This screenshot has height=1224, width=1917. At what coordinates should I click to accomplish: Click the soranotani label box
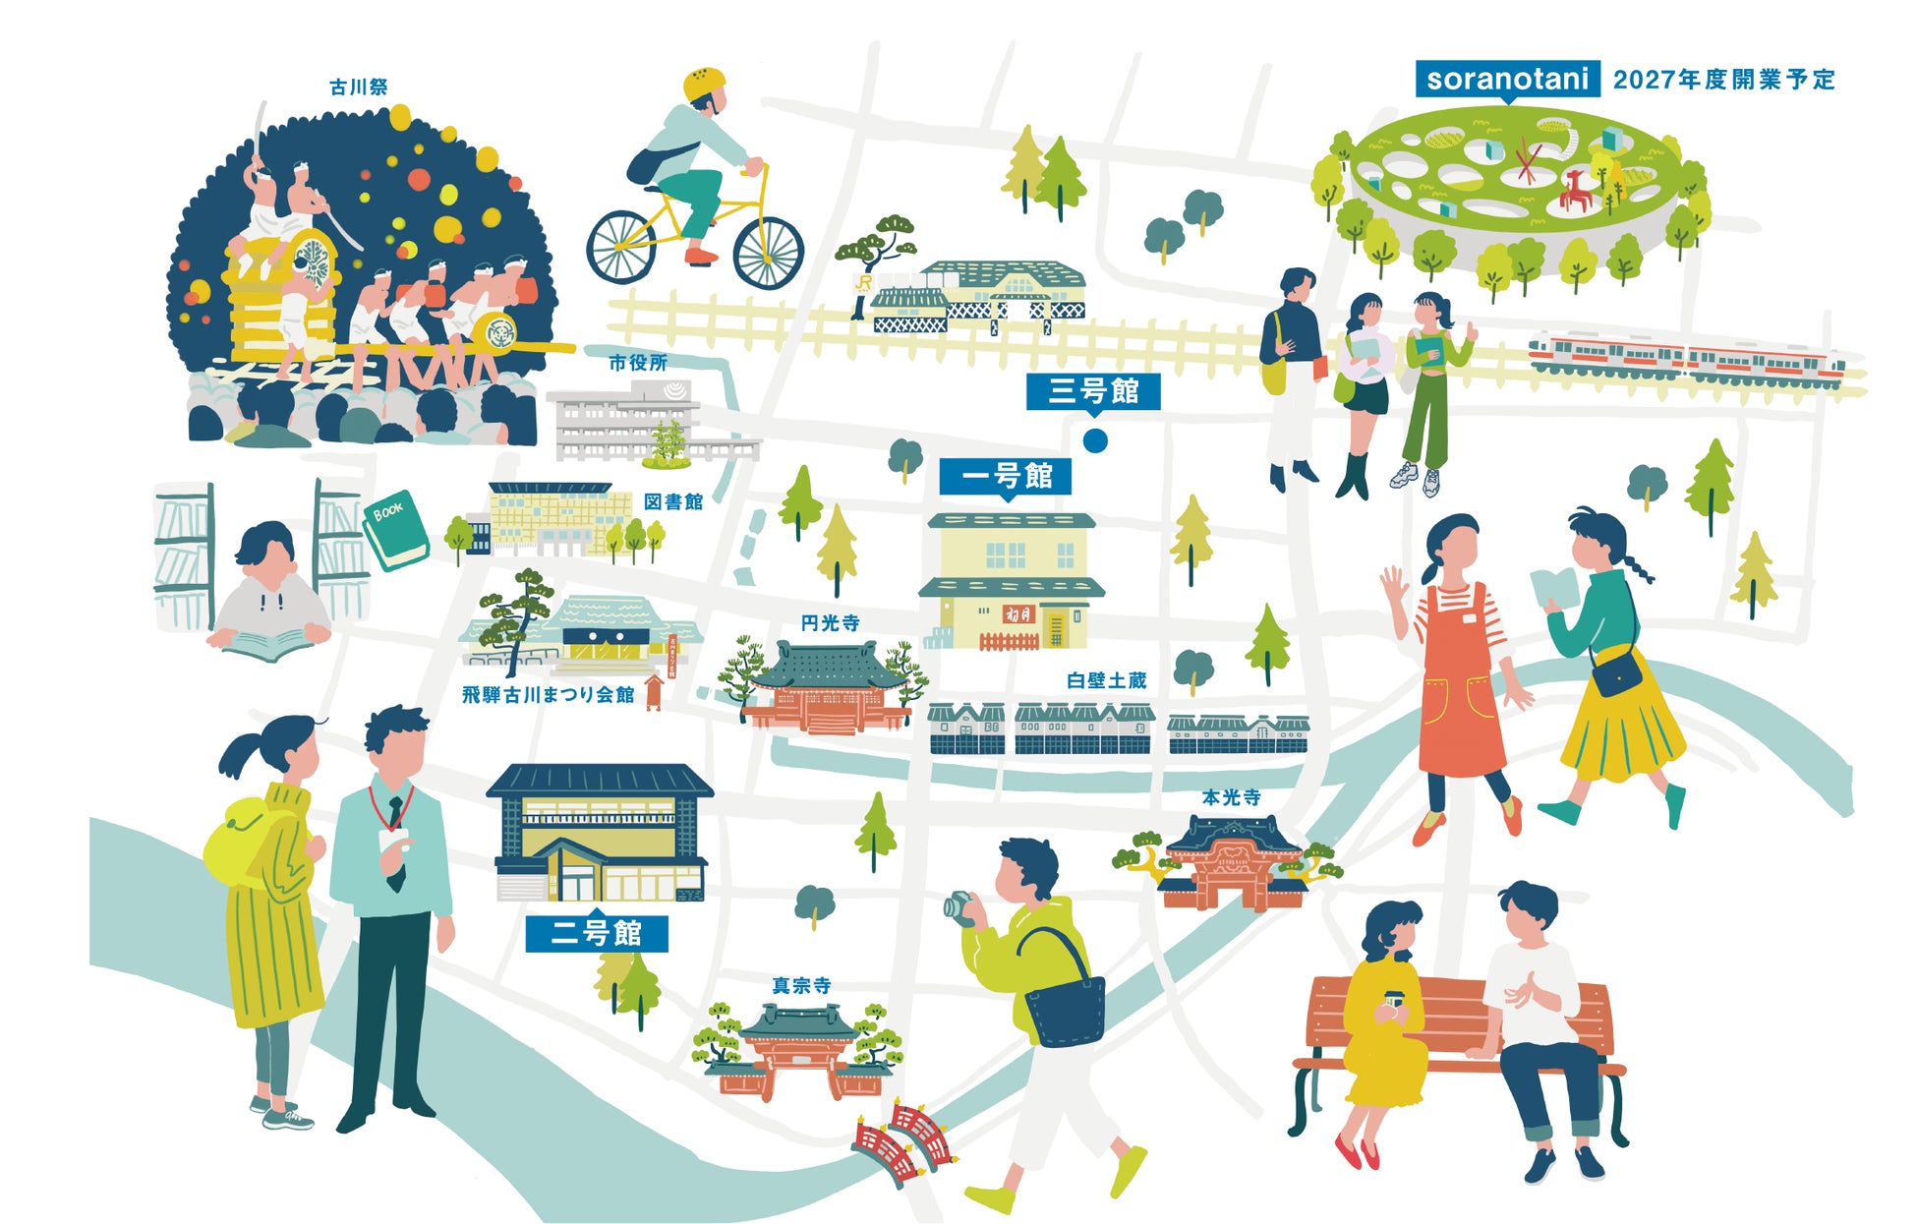1506,79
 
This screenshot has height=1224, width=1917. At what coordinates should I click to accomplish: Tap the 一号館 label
1005,477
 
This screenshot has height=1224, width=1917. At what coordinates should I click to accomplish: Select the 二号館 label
596,933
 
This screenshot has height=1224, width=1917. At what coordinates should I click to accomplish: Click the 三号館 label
1092,391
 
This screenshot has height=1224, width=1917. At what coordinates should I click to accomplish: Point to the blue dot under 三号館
1095,440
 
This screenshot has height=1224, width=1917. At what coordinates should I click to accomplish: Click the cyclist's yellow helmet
704,84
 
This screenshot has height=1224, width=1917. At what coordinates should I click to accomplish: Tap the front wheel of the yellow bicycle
768,251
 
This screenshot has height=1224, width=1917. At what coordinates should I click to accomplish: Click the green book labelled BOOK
395,529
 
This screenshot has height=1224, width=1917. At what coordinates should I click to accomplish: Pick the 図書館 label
673,502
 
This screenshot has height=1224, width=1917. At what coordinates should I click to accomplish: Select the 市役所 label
638,363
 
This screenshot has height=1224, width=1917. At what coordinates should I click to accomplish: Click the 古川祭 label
359,87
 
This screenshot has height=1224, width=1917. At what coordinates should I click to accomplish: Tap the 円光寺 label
830,622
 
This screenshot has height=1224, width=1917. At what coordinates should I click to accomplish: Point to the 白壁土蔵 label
1106,680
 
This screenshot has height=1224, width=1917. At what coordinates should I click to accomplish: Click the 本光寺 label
1231,797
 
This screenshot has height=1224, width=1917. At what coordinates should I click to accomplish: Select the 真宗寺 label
801,985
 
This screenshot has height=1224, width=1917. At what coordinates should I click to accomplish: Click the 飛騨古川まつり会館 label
548,695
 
